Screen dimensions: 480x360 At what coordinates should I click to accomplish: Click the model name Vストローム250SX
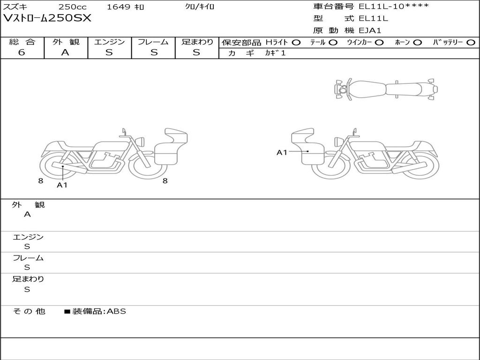pyautogui.click(x=47, y=18)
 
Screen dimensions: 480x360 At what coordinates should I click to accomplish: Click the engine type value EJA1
pyautogui.click(x=370, y=30)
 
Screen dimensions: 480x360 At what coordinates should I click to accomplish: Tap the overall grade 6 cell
pyautogui.click(x=22, y=52)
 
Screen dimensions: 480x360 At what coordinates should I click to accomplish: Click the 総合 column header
pyautogui.click(x=22, y=42)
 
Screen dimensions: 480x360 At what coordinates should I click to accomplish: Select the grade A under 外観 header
pyautogui.click(x=65, y=52)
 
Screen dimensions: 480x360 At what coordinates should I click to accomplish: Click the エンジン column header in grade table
pyautogui.click(x=109, y=42)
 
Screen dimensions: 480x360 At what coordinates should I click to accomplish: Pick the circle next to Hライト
pyautogui.click(x=296, y=43)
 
